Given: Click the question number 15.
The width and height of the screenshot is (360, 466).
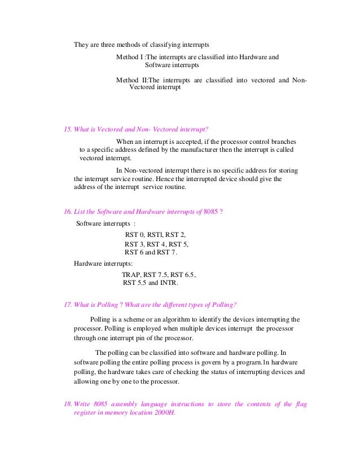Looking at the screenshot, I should (69, 129).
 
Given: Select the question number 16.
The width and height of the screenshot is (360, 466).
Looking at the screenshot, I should (69, 212).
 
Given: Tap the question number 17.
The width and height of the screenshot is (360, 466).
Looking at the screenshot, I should (69, 305).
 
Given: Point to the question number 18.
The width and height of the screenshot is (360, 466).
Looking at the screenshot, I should (69, 403).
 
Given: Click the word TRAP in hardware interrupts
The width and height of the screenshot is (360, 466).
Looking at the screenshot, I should (131, 275).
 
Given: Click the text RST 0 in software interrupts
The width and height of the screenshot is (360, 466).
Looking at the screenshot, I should (134, 234).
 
